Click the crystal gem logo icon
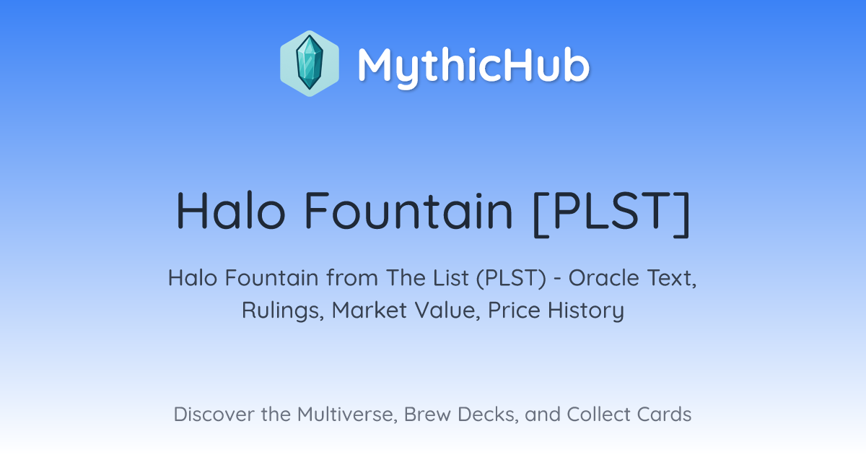click(x=310, y=64)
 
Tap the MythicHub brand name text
click(x=473, y=65)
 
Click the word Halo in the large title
click(x=231, y=210)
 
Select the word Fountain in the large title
click(x=408, y=210)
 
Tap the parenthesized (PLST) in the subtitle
click(x=511, y=279)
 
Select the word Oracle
click(x=603, y=278)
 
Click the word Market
click(x=369, y=310)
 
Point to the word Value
click(x=447, y=311)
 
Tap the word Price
click(x=514, y=310)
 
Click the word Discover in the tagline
click(x=214, y=414)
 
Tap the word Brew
click(x=427, y=414)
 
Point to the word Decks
click(x=488, y=415)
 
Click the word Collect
click(x=598, y=414)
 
